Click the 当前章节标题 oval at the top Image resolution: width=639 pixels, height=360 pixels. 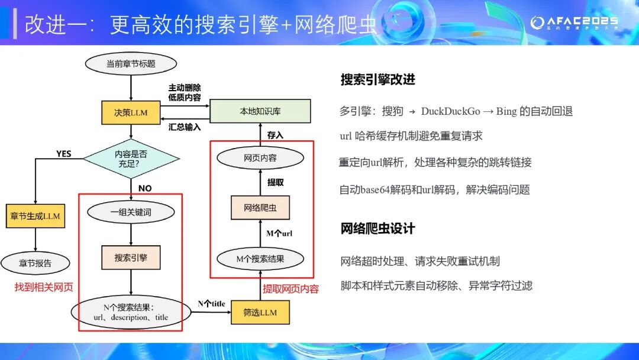pyautogui.click(x=131, y=64)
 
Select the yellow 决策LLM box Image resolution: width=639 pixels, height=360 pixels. pyautogui.click(x=131, y=112)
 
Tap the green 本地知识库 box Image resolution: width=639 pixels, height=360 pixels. pyautogui.click(x=260, y=111)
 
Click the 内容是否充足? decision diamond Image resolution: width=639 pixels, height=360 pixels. pyautogui.click(x=131, y=158)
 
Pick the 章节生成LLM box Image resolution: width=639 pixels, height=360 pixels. pyautogui.click(x=35, y=216)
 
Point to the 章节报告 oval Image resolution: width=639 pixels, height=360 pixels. pyautogui.click(x=35, y=263)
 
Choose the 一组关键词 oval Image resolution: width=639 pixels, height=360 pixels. pyautogui.click(x=131, y=212)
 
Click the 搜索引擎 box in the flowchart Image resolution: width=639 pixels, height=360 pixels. pyautogui.click(x=131, y=258)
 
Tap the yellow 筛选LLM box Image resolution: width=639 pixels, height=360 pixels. pyautogui.click(x=260, y=312)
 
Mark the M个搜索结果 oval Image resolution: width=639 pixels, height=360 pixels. pyautogui.click(x=260, y=259)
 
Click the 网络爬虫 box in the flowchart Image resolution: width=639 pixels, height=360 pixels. pyautogui.click(x=260, y=208)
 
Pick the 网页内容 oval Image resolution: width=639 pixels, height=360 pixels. pyautogui.click(x=260, y=158)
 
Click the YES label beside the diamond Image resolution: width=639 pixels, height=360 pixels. pyautogui.click(x=63, y=154)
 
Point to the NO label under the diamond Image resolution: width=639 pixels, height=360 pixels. pyautogui.click(x=144, y=188)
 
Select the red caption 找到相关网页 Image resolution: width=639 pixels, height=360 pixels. pyautogui.click(x=44, y=287)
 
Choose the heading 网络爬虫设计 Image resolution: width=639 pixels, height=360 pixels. pyautogui.click(x=377, y=229)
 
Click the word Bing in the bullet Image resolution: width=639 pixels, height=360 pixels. pyautogui.click(x=506, y=111)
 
